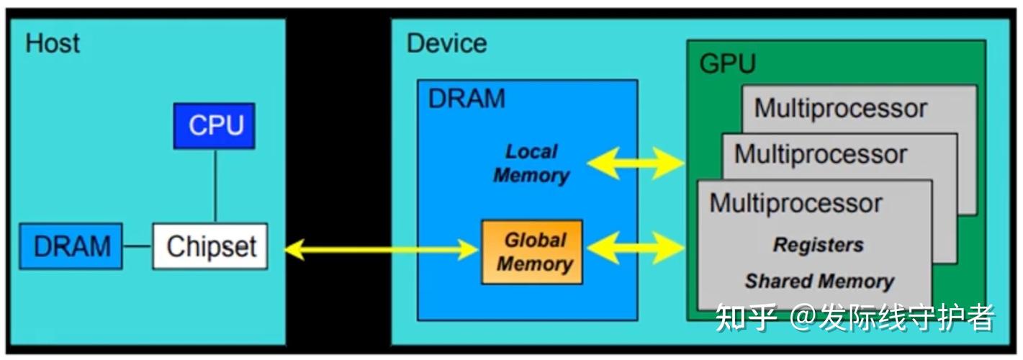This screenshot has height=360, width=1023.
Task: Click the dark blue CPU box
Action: [215, 125]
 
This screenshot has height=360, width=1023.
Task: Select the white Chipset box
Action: [210, 246]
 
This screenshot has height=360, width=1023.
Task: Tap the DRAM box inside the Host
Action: [71, 246]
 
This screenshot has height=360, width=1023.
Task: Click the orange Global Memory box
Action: [532, 252]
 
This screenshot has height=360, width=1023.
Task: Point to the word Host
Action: [53, 43]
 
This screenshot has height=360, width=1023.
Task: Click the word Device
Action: [446, 43]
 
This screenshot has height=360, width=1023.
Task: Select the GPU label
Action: [728, 64]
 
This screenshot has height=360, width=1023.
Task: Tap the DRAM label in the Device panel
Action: [467, 98]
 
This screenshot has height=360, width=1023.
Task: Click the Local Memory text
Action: [531, 163]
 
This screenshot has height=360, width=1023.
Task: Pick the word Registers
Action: [819, 245]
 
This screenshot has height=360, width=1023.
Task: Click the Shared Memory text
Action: [820, 281]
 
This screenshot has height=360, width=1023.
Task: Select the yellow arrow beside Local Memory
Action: [636, 163]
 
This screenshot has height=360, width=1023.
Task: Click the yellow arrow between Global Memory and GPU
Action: [636, 248]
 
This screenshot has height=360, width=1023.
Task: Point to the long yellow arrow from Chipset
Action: [382, 249]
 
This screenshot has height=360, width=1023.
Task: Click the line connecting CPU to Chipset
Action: [215, 186]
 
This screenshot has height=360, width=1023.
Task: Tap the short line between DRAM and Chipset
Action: [138, 246]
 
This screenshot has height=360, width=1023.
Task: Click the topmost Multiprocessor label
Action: [840, 109]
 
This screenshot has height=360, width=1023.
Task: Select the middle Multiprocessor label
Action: [821, 154]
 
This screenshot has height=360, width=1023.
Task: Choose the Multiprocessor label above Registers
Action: [796, 203]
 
